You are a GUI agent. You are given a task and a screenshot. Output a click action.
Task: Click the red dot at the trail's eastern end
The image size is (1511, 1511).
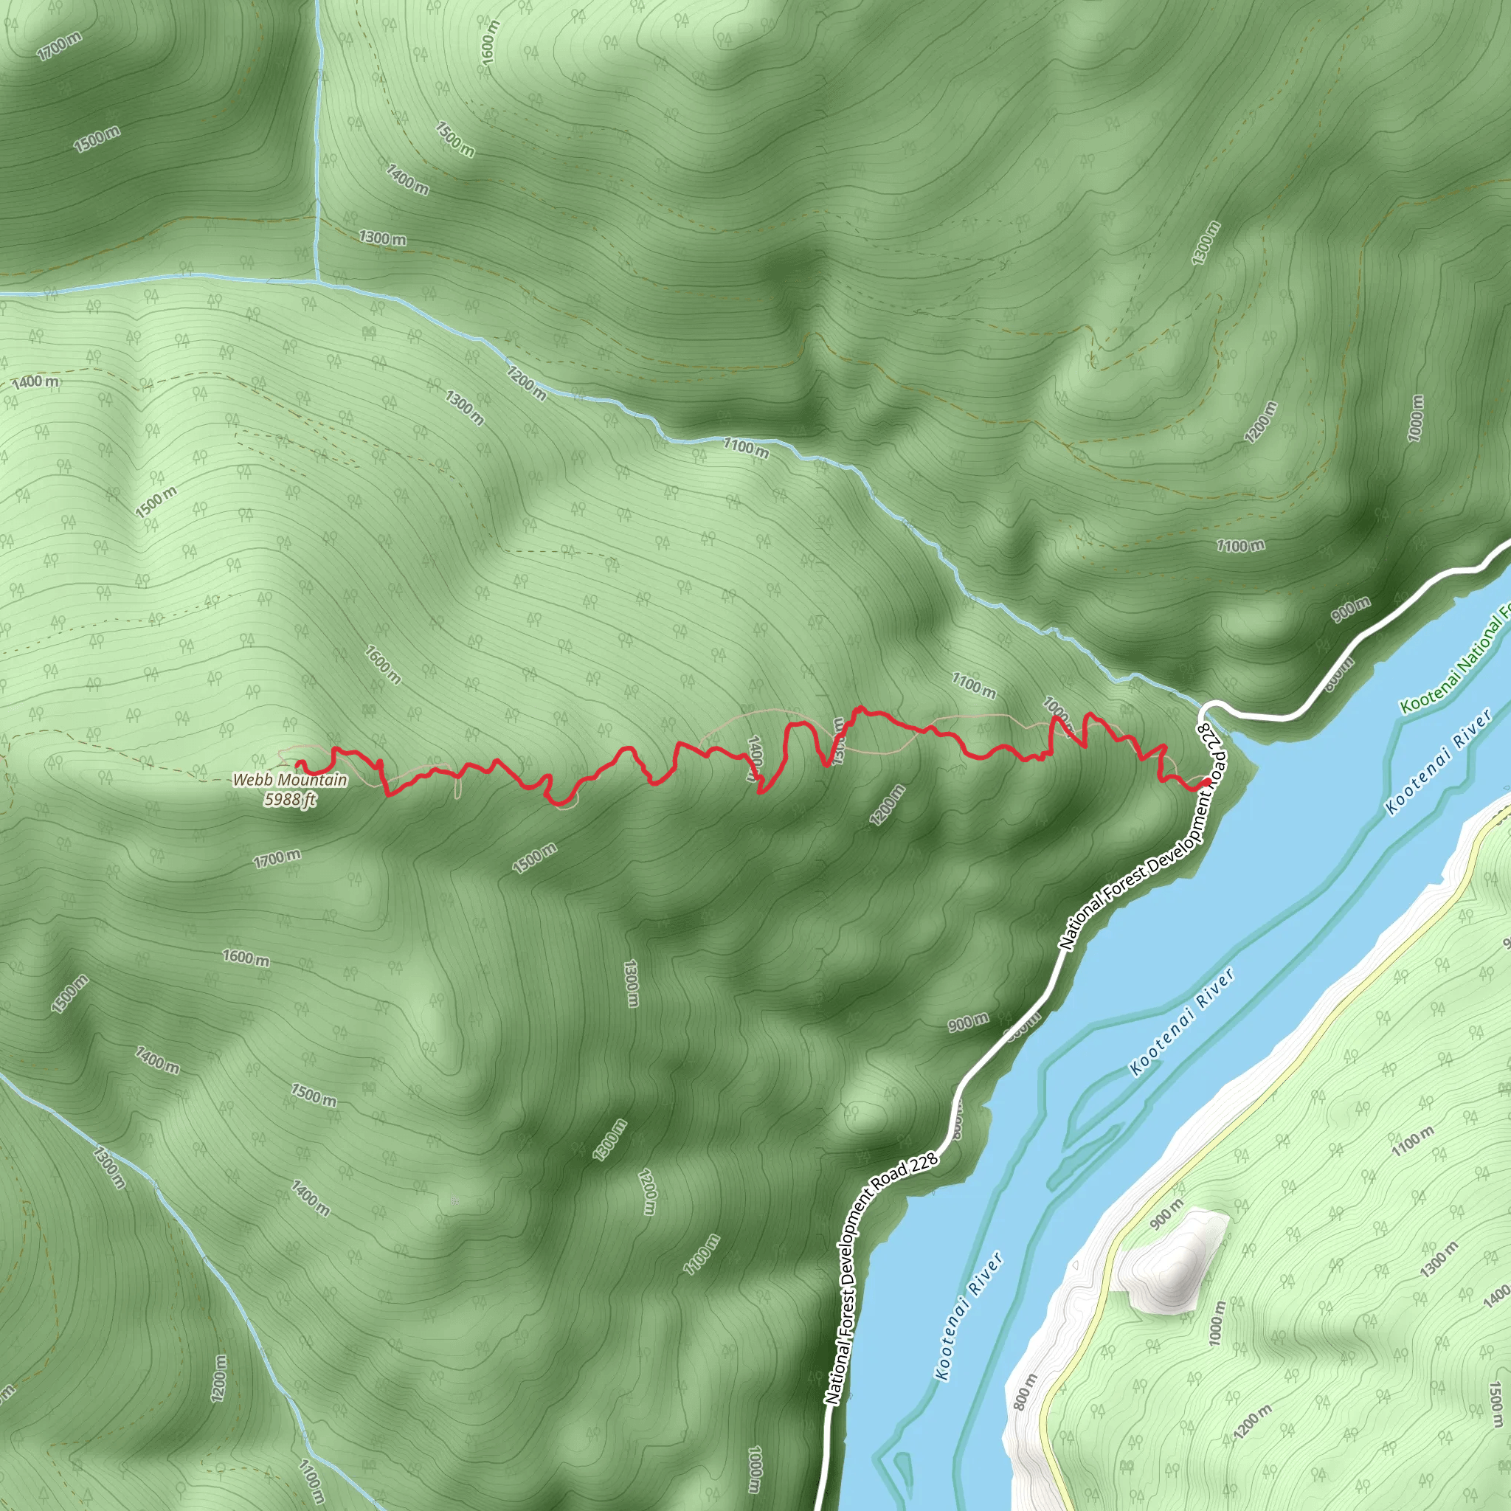pos(1207,782)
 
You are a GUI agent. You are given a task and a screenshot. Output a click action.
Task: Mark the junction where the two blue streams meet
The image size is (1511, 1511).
pos(317,277)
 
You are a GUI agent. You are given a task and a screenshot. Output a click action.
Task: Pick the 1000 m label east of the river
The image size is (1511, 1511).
pos(1217,1324)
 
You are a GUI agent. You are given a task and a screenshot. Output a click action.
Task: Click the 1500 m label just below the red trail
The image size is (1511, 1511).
pos(535,858)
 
